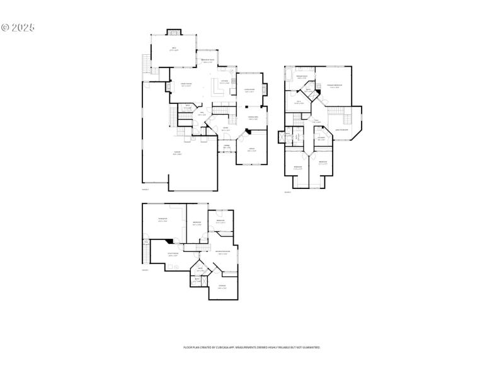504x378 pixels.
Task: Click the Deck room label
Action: (174, 49)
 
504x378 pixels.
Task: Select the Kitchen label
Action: (224, 82)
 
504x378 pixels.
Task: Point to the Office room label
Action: (251, 150)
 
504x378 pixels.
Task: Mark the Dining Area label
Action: (253, 118)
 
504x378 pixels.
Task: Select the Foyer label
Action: (216, 130)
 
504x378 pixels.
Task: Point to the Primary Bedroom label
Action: (335, 86)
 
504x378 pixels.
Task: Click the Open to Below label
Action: (342, 130)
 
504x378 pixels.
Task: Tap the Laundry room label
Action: (321, 139)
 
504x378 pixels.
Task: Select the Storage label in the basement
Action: (222, 287)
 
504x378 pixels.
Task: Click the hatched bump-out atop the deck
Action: (174, 31)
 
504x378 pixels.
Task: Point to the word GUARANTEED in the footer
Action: (309, 347)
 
